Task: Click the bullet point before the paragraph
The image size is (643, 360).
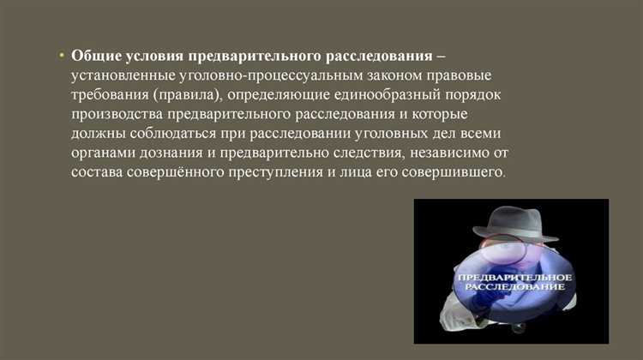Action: click(x=62, y=55)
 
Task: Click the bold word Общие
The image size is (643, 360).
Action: click(x=93, y=56)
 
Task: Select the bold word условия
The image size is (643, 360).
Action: click(x=153, y=56)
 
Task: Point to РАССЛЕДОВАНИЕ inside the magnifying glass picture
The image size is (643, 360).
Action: click(x=514, y=290)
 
